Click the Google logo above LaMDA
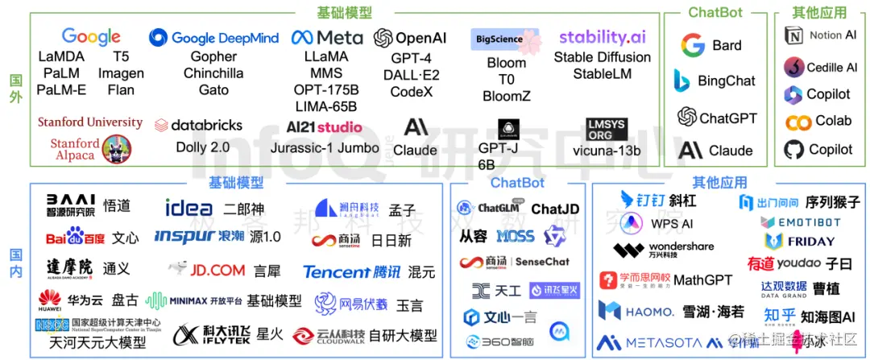(x=91, y=37)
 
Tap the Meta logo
(x=327, y=38)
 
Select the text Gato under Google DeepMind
(x=213, y=89)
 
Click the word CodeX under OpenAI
(x=411, y=91)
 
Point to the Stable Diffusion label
(x=602, y=57)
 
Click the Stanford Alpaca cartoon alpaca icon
(x=116, y=149)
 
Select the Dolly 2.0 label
(x=202, y=147)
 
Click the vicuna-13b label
(x=606, y=151)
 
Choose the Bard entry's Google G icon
(x=692, y=46)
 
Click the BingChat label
(x=727, y=81)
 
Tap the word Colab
(x=833, y=121)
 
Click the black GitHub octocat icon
(x=794, y=150)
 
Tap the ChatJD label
(x=555, y=209)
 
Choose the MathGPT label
(x=702, y=279)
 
